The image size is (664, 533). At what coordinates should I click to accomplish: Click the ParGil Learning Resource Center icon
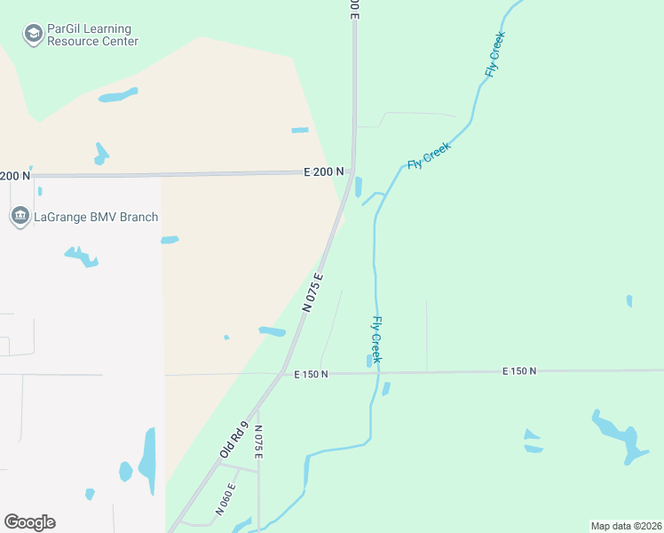click(x=34, y=34)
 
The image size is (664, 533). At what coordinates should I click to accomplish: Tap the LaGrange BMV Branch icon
click(x=20, y=217)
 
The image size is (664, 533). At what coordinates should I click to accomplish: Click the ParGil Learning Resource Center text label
click(x=92, y=35)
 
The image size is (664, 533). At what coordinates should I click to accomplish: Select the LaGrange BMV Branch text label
click(x=96, y=217)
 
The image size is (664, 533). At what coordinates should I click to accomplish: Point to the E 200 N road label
click(x=323, y=171)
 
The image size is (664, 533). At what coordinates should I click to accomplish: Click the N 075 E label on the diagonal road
click(x=312, y=292)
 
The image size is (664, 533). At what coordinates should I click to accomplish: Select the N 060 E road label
click(x=226, y=499)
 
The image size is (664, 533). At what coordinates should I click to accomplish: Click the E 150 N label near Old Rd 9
click(x=311, y=374)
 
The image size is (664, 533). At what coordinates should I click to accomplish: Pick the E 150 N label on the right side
click(x=519, y=370)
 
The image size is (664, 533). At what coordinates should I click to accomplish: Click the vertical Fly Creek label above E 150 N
click(x=376, y=339)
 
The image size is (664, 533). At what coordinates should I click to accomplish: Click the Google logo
click(x=29, y=522)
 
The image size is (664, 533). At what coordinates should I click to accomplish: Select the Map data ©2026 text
click(x=626, y=526)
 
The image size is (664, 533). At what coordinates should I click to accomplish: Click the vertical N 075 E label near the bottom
click(x=258, y=442)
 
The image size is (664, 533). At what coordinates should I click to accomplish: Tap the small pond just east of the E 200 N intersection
click(x=358, y=187)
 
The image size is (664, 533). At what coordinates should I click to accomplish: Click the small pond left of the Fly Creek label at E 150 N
click(x=368, y=361)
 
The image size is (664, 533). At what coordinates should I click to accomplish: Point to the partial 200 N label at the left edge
click(x=15, y=176)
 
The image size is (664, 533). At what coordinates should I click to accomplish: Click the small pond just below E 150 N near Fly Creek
click(x=385, y=388)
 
